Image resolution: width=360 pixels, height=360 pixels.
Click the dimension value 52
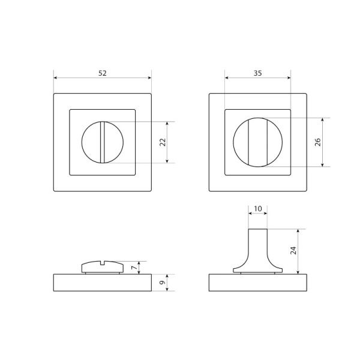103,73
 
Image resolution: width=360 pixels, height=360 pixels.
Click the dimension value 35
257,73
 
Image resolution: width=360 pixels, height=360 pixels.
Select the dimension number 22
163,142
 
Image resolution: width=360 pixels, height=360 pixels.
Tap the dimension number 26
318,142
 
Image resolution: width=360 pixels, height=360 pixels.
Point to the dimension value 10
258,208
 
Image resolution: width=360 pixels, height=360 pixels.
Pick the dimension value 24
293,250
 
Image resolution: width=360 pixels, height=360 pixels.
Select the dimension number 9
163,283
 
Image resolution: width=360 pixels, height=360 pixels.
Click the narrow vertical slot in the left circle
103,142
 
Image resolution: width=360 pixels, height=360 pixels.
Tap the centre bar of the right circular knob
258,142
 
